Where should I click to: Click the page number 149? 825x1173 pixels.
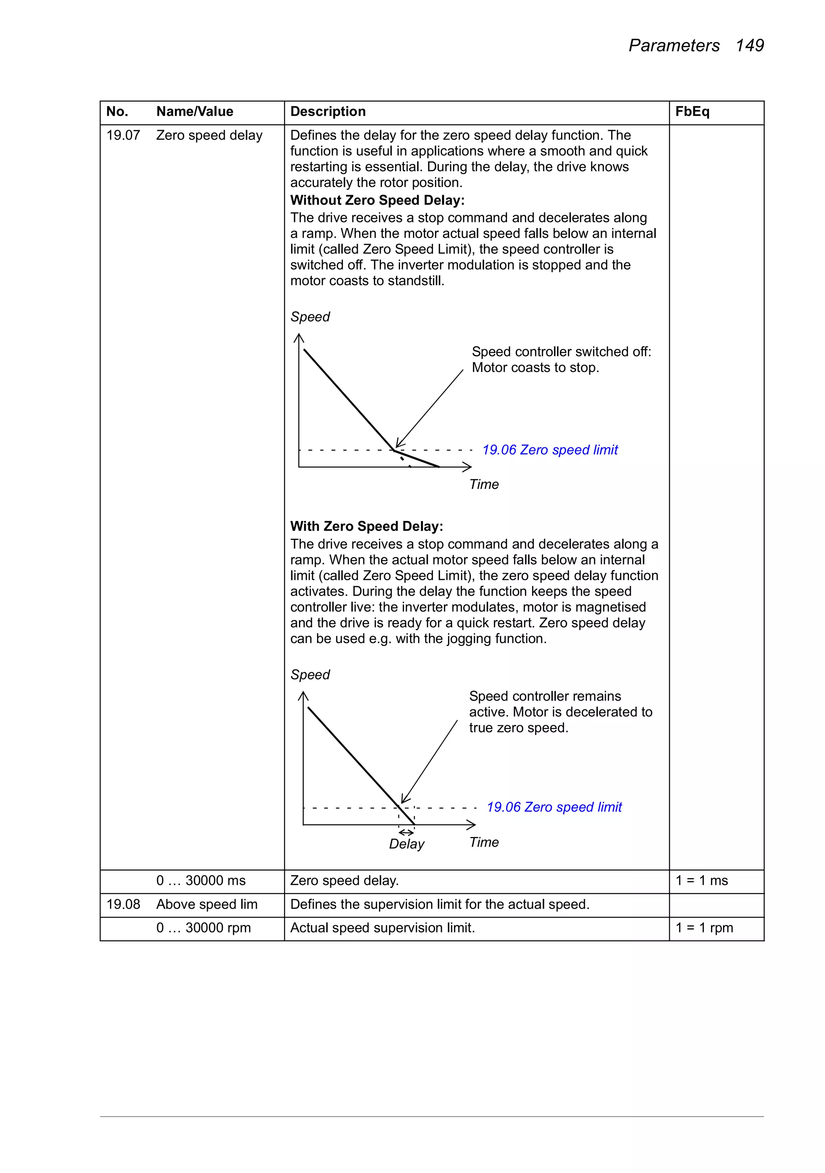(749, 46)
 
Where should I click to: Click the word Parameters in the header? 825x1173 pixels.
(674, 46)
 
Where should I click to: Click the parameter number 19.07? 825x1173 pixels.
(123, 135)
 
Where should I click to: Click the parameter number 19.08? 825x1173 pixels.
(123, 904)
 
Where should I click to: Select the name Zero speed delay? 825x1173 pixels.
(209, 135)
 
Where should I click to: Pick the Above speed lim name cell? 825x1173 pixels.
(206, 904)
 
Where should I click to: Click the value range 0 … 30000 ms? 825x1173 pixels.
(201, 880)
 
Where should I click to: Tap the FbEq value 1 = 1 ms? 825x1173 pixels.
(701, 880)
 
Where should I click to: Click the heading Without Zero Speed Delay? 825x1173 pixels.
(377, 200)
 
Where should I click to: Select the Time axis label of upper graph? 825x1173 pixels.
(484, 484)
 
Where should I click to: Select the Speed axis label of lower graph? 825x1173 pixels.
(310, 675)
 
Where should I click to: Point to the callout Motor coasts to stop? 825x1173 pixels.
(535, 368)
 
